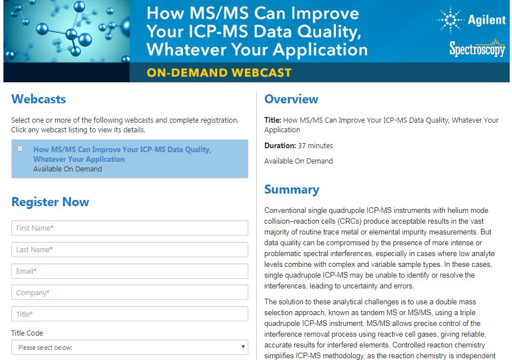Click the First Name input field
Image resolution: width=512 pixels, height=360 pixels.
(130, 228)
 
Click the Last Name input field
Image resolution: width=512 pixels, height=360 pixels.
(130, 249)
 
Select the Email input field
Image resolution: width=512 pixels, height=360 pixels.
(130, 271)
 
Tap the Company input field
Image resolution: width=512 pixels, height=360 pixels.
(130, 292)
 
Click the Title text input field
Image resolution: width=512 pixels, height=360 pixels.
(130, 314)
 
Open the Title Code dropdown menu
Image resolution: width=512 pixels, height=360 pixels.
(130, 348)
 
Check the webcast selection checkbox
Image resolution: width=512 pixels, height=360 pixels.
(20, 149)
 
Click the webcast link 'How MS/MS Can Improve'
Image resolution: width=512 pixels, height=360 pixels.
(122, 154)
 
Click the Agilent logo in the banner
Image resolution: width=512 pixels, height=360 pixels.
(471, 20)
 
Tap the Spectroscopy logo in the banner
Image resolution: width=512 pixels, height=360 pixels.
(477, 48)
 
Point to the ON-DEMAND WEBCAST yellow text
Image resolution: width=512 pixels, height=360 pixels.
(219, 73)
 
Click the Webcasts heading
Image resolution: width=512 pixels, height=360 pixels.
(39, 99)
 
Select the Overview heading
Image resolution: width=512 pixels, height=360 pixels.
(292, 99)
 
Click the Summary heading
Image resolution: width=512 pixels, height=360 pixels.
(292, 190)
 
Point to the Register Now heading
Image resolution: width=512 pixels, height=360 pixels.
(50, 202)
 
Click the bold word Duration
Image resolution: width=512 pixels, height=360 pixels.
(280, 145)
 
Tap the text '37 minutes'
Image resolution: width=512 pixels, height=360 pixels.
(315, 145)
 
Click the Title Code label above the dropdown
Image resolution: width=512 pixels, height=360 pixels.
(27, 333)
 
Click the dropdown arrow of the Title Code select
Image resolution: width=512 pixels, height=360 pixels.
(243, 347)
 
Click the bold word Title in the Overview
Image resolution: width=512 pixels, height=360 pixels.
(273, 120)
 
